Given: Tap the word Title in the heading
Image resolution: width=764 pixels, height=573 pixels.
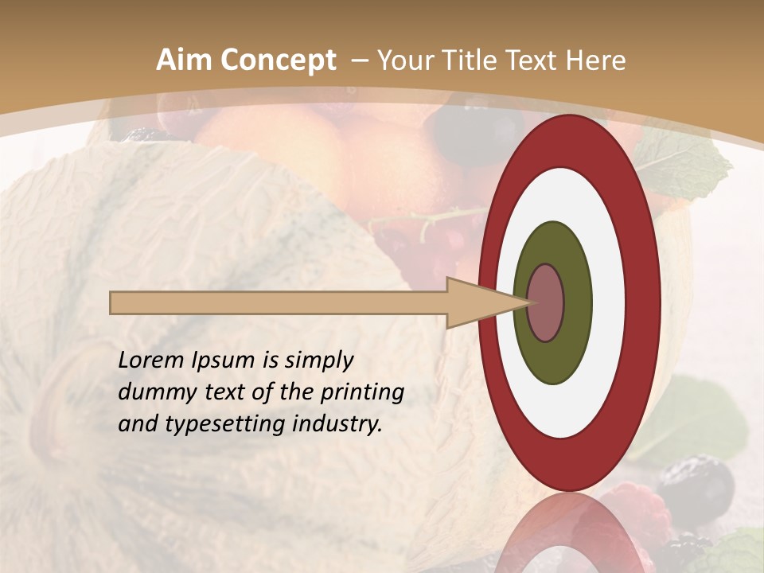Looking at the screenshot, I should click(x=470, y=60).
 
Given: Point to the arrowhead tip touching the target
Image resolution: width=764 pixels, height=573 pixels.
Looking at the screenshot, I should click(x=528, y=302).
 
